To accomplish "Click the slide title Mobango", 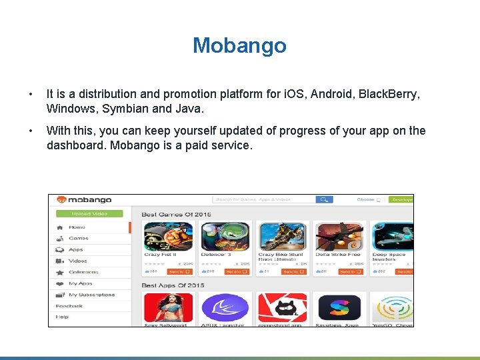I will point(239,45).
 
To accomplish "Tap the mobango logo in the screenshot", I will point(83,199).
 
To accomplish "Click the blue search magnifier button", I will point(324,199).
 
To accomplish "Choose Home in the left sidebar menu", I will point(77,227).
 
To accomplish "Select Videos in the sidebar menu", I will point(77,261).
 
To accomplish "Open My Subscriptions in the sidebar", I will point(91,295).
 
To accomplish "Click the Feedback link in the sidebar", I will point(69,306).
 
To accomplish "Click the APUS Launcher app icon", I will point(225,308).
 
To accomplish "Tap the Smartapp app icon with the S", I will point(339,308).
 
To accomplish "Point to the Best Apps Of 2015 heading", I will point(173,285).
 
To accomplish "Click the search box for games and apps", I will point(263,199).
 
